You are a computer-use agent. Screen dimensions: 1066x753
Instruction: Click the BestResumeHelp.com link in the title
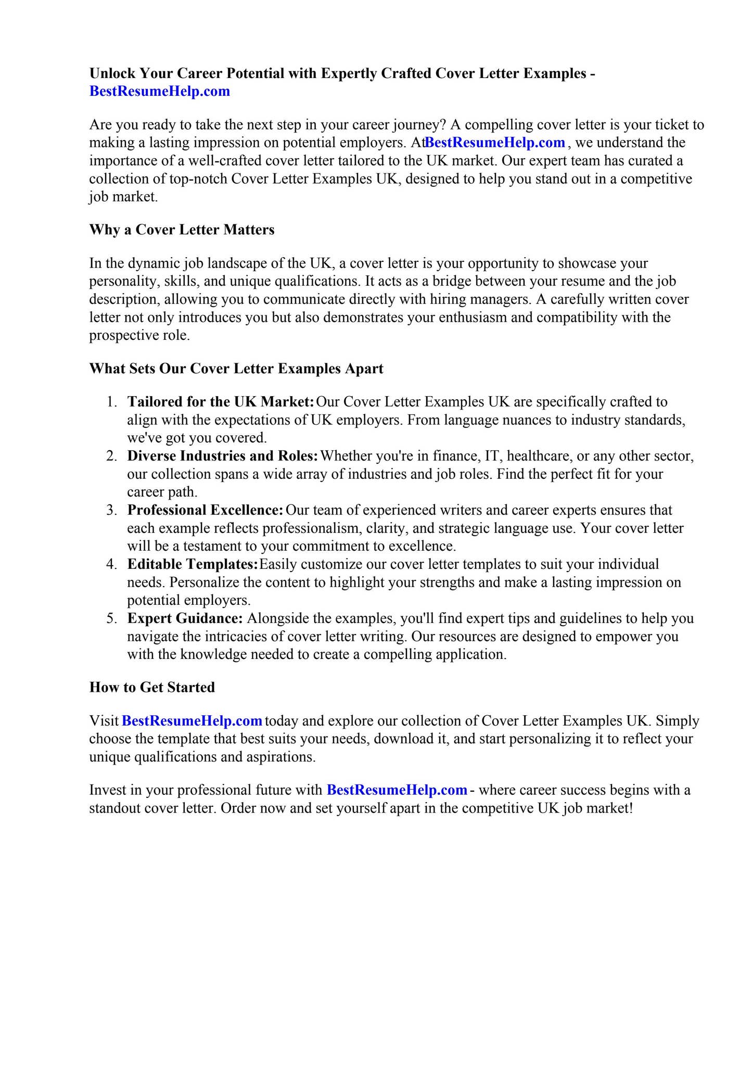tap(159, 92)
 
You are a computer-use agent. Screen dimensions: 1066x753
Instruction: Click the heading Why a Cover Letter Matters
tap(182, 230)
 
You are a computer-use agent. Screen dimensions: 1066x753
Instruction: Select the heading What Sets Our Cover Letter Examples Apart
tap(236, 369)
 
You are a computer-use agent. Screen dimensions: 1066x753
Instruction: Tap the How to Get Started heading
tap(152, 687)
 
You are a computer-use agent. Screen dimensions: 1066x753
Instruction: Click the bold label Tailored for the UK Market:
tap(221, 402)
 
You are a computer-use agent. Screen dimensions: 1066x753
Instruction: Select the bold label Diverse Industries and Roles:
tap(222, 456)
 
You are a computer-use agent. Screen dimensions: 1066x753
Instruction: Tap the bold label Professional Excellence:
tap(205, 510)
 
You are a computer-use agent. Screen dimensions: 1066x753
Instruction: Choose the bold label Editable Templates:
tap(193, 564)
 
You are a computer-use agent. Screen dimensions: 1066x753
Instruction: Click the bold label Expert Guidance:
tap(185, 618)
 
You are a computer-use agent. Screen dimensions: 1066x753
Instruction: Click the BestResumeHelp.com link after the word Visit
tap(192, 721)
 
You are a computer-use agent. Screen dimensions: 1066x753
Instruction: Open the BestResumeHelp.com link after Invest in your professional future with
tap(397, 790)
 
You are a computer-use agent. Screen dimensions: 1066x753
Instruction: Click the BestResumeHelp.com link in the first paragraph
tap(495, 143)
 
